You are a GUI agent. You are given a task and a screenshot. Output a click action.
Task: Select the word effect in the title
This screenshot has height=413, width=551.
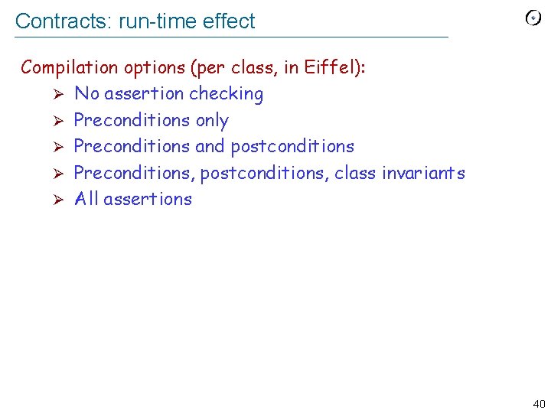coord(230,21)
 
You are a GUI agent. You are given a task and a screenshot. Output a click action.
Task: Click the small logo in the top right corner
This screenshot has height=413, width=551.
coord(533,18)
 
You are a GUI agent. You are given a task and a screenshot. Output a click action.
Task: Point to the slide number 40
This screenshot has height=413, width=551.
coord(539,404)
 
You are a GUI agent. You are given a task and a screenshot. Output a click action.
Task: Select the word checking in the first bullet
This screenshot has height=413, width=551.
coord(227,94)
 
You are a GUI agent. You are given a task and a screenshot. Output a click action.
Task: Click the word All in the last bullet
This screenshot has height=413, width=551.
coord(86,199)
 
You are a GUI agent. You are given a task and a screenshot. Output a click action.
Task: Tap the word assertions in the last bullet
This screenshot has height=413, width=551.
coord(148,199)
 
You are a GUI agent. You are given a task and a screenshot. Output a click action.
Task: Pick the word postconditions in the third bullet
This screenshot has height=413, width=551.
coord(292,146)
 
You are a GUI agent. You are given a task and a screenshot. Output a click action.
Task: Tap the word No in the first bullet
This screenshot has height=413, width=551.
coord(86,94)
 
